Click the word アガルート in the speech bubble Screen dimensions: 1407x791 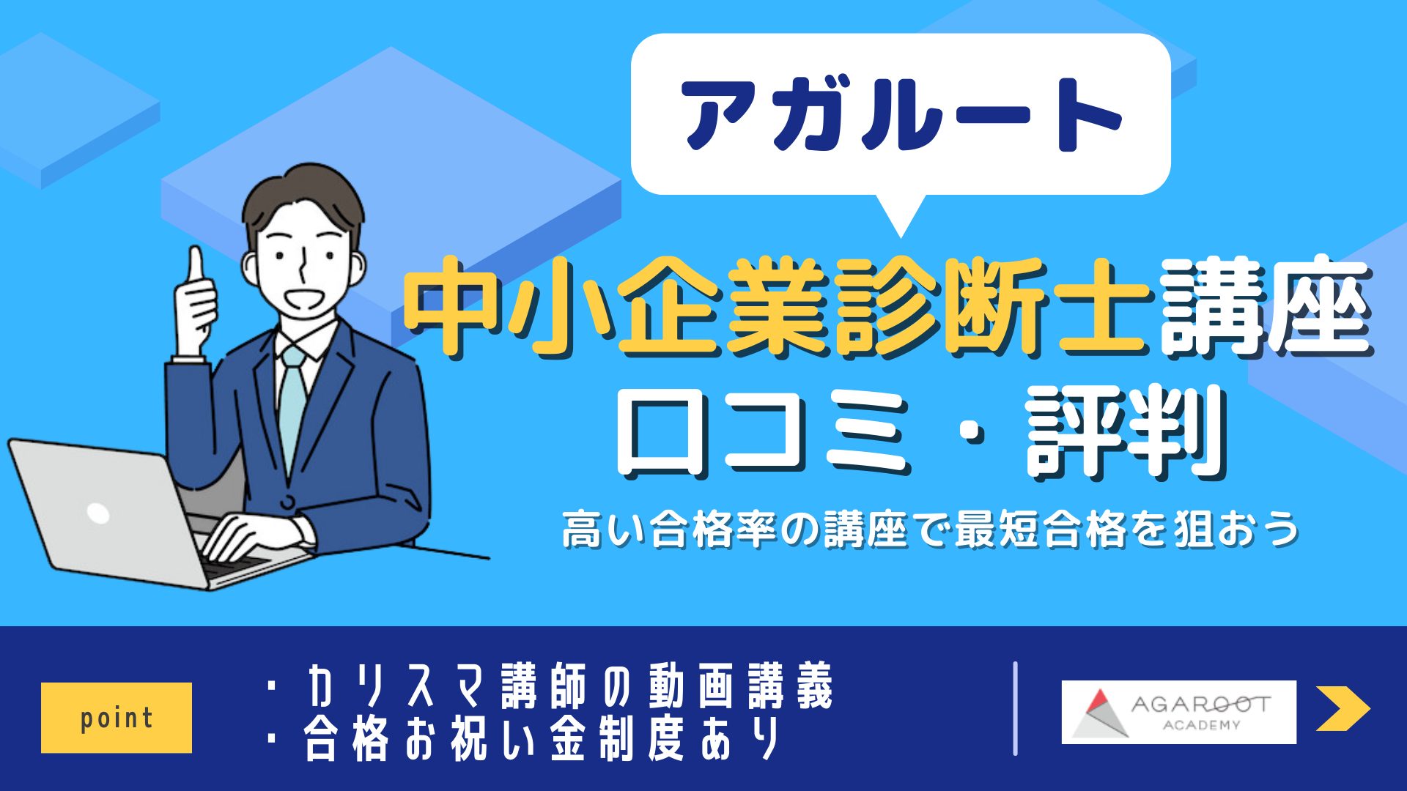tap(901, 115)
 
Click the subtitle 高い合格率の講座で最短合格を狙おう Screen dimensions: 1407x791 tap(931, 529)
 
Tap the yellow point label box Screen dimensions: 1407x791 tap(117, 718)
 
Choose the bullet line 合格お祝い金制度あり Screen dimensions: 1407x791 tap(525, 739)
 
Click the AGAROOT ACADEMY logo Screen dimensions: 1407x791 tap(1178, 712)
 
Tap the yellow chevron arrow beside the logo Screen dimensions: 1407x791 tap(1343, 708)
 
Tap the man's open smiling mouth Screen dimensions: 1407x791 tap(303, 299)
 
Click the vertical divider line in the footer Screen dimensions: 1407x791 tap(1015, 708)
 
